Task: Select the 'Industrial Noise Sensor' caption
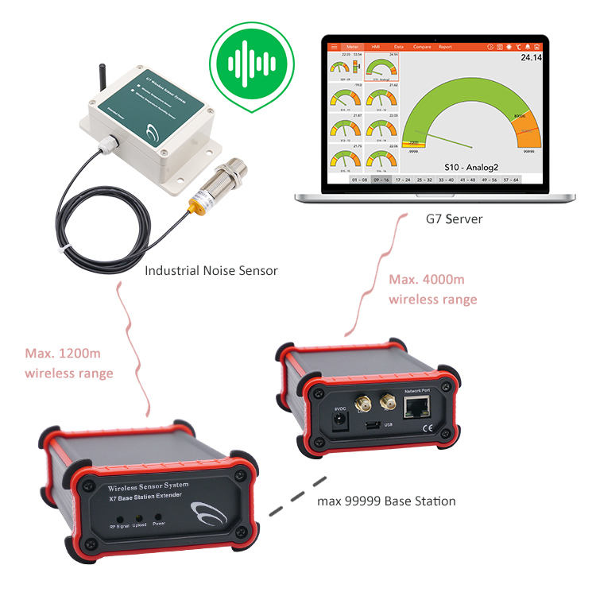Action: (211, 270)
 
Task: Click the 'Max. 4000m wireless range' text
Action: (433, 289)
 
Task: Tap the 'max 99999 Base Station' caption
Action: (386, 501)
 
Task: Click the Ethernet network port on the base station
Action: (417, 408)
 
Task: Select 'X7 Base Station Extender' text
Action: (146, 496)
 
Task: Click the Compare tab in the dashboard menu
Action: (422, 47)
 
